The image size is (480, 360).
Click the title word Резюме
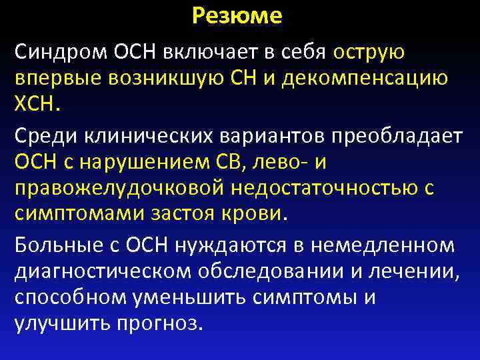pos(237,16)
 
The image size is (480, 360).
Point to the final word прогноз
pos(165,324)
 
